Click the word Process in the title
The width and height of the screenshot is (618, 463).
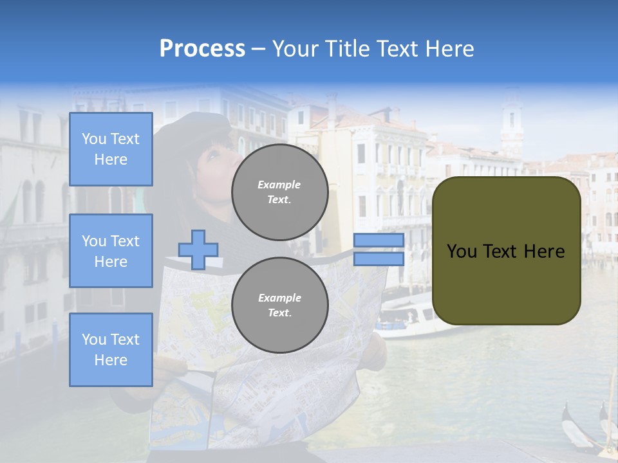[202, 49]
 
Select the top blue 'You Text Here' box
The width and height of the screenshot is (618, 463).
[111, 149]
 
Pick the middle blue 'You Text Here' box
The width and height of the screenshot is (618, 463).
[111, 251]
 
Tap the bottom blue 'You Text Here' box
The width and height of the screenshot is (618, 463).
[111, 350]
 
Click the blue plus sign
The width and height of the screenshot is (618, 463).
[198, 250]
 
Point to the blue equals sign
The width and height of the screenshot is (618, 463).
[379, 250]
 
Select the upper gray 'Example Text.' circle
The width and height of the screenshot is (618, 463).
[280, 192]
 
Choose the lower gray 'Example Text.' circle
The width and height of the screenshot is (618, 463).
[280, 305]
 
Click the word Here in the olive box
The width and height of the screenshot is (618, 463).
[544, 251]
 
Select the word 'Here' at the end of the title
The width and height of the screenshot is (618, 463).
[450, 49]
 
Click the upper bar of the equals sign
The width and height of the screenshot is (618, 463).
[379, 241]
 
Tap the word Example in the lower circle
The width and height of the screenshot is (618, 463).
[279, 298]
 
